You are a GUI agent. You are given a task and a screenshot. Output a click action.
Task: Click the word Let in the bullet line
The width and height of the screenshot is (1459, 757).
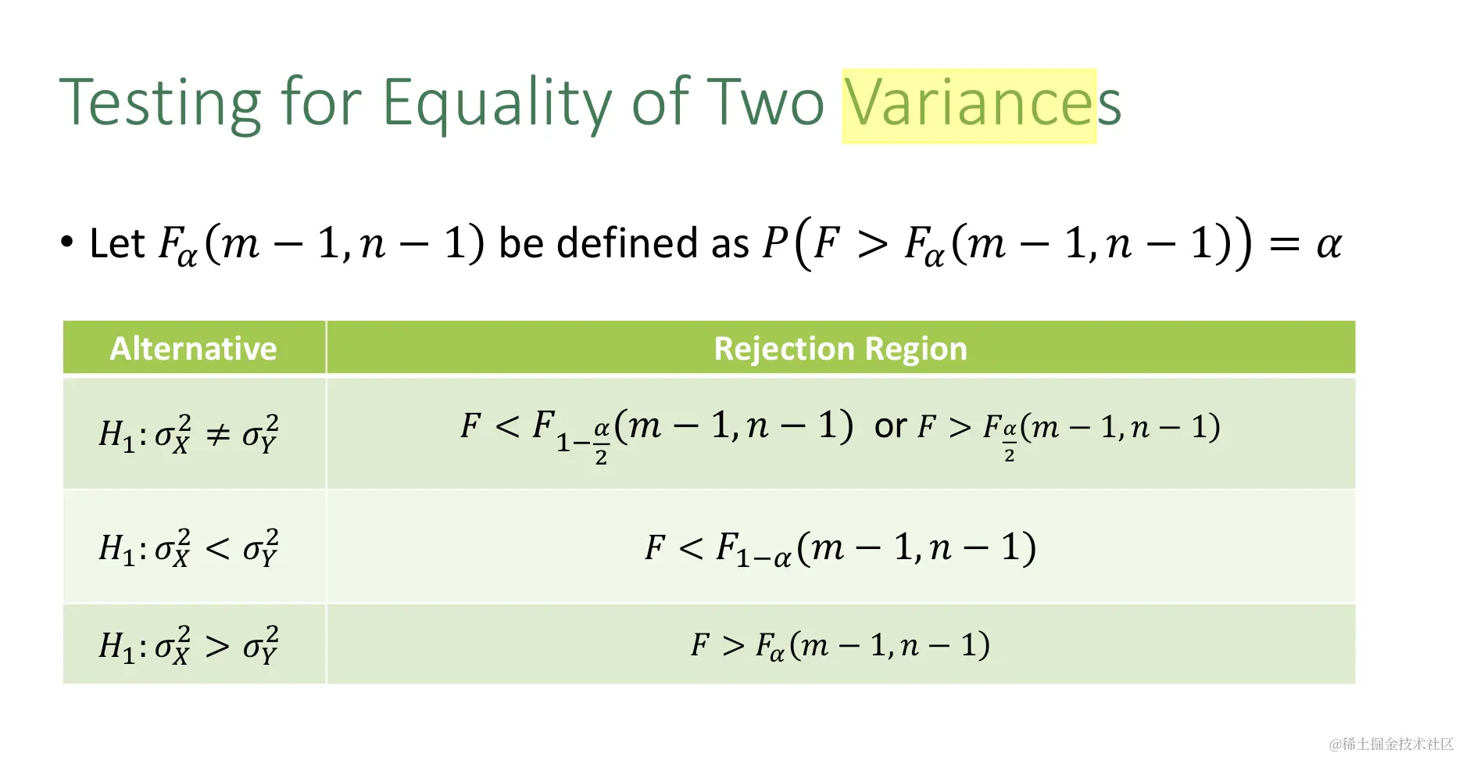click(x=117, y=243)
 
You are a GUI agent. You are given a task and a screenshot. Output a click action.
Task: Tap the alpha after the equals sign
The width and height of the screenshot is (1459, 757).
click(x=1328, y=245)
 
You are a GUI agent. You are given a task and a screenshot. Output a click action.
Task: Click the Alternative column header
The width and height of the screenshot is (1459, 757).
click(x=194, y=349)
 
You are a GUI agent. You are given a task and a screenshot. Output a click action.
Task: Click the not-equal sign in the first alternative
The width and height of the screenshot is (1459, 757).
click(x=218, y=434)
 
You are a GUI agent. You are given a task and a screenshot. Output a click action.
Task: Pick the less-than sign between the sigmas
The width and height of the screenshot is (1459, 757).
click(x=218, y=548)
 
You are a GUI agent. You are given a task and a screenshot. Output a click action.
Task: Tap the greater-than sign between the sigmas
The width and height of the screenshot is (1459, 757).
click(x=218, y=646)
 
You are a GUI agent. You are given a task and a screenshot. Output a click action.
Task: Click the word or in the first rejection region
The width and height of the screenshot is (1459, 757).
click(x=890, y=427)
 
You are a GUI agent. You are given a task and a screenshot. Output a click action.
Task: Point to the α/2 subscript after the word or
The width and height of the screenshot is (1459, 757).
click(x=1010, y=442)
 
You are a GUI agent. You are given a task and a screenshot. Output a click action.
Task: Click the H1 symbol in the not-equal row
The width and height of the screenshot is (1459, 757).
click(x=116, y=435)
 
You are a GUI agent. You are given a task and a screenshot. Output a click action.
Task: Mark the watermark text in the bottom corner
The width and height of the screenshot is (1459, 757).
click(x=1391, y=743)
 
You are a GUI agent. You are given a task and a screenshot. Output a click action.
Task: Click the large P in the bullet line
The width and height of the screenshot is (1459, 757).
click(x=775, y=242)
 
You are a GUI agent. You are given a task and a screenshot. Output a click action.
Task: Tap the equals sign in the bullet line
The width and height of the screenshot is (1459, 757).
click(x=1285, y=245)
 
